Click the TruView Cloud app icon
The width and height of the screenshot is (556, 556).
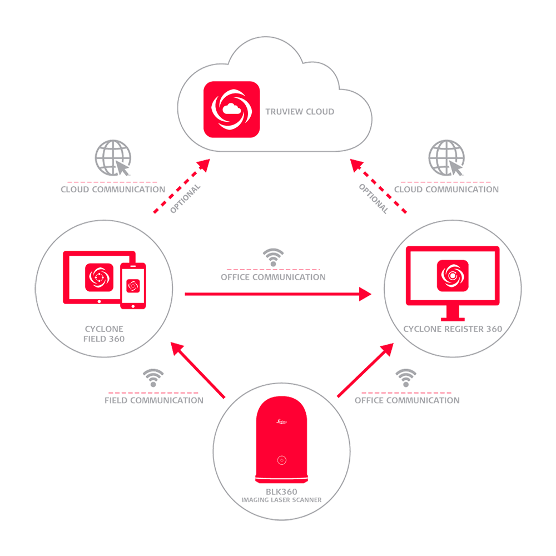[231, 109]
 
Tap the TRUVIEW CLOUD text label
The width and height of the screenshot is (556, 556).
[300, 112]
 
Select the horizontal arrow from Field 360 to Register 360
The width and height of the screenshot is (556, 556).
[278, 293]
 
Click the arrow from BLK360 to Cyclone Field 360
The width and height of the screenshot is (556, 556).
[198, 371]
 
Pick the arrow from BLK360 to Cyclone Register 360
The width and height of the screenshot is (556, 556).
[365, 370]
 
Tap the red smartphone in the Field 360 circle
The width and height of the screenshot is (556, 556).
[133, 285]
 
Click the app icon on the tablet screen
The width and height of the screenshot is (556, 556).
[100, 277]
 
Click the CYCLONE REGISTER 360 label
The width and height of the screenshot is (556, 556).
[453, 329]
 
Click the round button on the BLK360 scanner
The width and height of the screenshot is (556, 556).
[282, 460]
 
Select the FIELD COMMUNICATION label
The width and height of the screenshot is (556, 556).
[154, 400]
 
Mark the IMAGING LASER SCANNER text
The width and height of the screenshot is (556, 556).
[281, 500]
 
